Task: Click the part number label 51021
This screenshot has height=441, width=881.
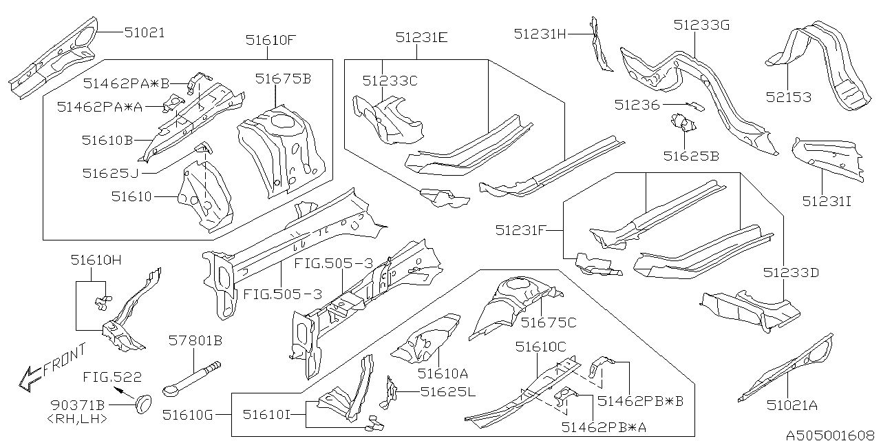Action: point(145,32)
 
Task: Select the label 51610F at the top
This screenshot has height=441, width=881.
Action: point(270,40)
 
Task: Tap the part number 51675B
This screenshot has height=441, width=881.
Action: point(283,79)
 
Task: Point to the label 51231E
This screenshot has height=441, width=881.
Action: point(421,38)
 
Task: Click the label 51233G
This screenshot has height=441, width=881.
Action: point(701,25)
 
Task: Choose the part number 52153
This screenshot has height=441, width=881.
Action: point(788,97)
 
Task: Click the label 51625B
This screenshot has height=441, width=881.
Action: point(691,156)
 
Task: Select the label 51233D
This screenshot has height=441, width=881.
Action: point(791,272)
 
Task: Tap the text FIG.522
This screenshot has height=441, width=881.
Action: point(113,377)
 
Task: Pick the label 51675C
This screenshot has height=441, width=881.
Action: point(549,321)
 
